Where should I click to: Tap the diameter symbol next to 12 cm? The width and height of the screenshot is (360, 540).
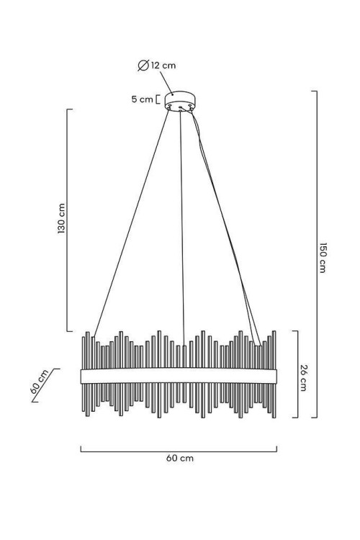(x=143, y=65)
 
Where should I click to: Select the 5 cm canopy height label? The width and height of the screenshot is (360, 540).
(x=142, y=99)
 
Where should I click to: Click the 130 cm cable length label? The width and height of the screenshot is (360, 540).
(x=61, y=219)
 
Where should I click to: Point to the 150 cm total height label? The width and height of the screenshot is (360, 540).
(x=323, y=258)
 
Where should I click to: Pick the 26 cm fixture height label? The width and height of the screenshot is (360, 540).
(x=303, y=377)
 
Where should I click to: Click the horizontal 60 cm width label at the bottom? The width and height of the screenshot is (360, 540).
(x=180, y=458)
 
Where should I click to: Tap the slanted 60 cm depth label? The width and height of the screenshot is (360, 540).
(x=39, y=382)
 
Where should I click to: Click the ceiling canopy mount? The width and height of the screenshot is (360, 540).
(x=180, y=100)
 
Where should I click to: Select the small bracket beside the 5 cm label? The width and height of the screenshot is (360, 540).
(x=158, y=99)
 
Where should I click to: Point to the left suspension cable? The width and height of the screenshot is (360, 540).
(x=131, y=222)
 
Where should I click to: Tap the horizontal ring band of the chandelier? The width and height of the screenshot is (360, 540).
(x=179, y=377)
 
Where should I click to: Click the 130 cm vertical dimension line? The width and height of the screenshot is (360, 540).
(x=67, y=220)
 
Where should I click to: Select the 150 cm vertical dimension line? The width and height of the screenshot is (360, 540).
(x=316, y=254)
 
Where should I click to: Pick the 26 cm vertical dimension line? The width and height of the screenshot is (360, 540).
(x=297, y=374)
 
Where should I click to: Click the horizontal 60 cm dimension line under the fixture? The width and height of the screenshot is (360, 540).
(x=179, y=451)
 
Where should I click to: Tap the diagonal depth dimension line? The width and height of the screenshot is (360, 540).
(x=43, y=385)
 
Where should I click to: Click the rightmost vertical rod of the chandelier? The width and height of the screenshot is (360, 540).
(x=274, y=374)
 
